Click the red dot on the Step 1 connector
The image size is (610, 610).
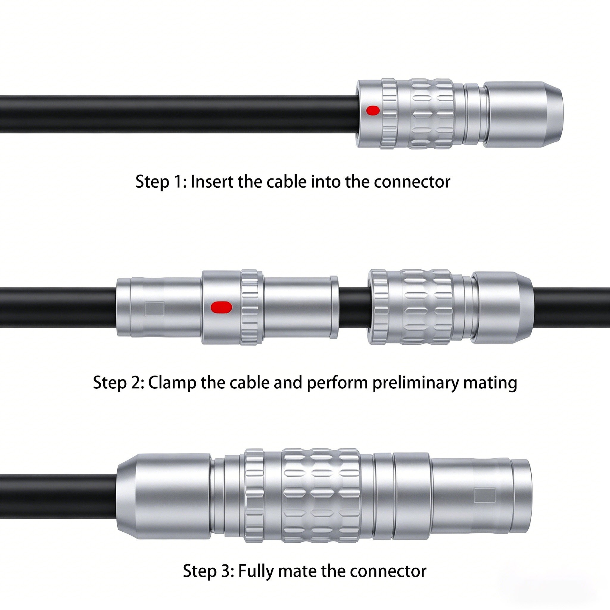click(x=373, y=111)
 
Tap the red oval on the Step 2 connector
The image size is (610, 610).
click(x=221, y=307)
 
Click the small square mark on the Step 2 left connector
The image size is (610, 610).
click(x=154, y=309)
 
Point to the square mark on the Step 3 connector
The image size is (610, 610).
click(x=485, y=495)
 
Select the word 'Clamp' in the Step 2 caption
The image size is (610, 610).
click(x=172, y=383)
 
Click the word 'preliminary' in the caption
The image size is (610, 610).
click(x=416, y=383)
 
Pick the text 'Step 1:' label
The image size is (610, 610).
click(x=161, y=182)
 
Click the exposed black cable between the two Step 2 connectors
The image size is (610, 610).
click(x=354, y=307)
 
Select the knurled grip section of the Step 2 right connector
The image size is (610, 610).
click(x=426, y=307)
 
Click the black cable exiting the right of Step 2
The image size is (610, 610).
click(x=572, y=307)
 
